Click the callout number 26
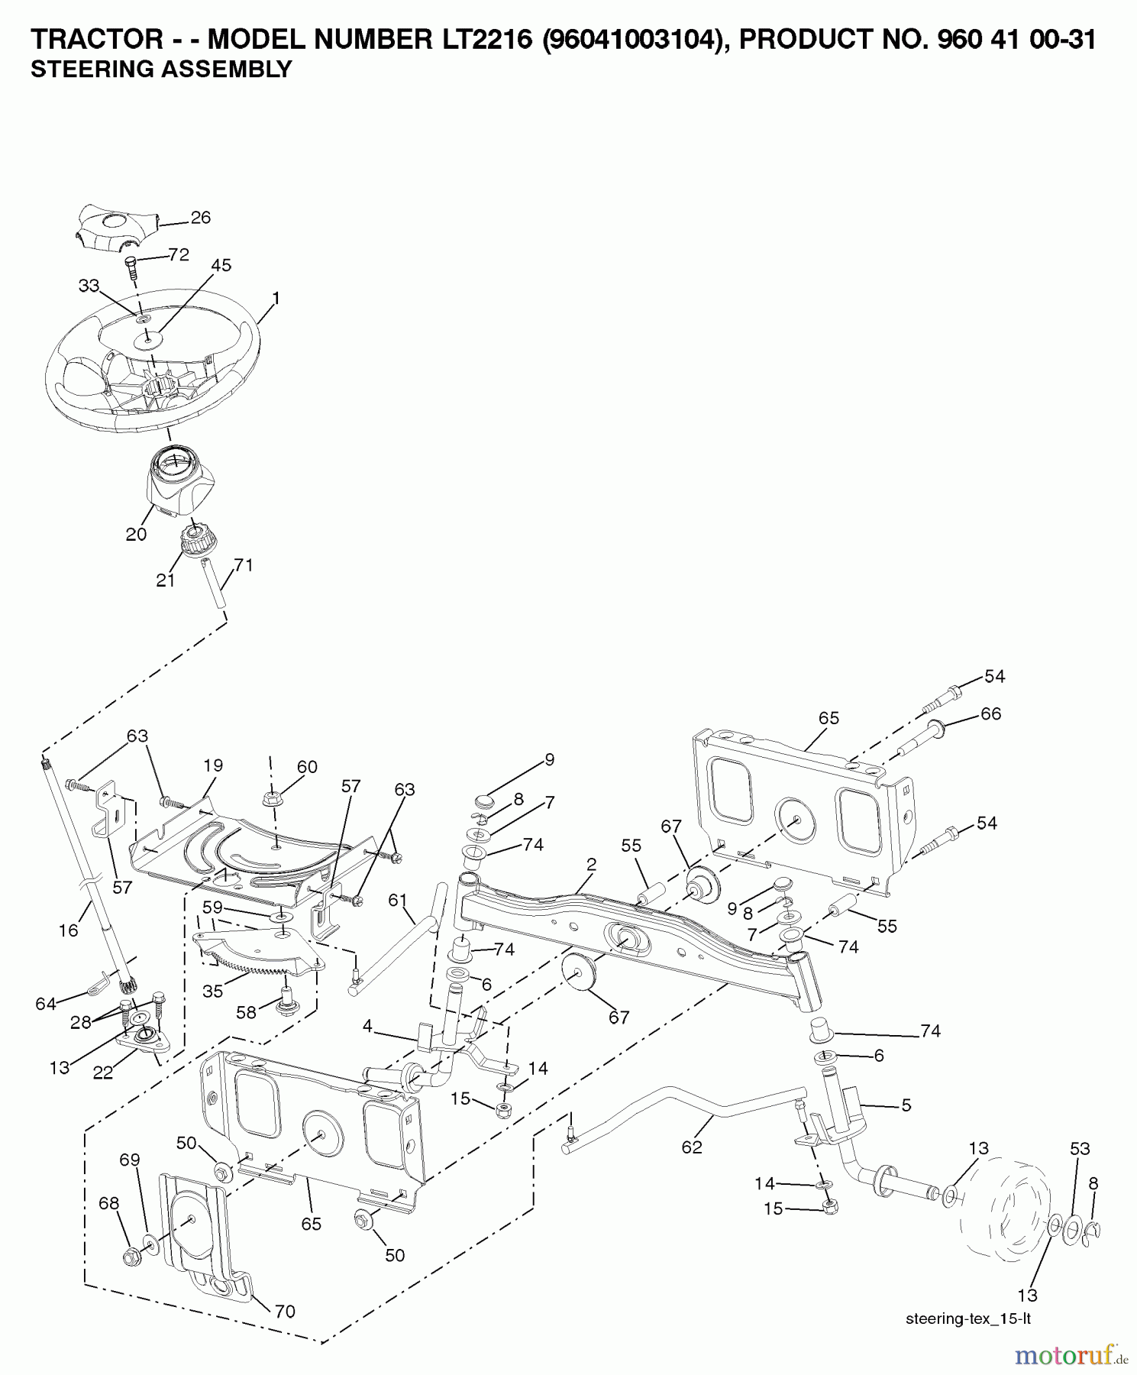200,218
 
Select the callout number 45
221,266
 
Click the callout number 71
243,565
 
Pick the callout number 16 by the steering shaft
69,930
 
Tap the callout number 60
306,767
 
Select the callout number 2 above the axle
591,864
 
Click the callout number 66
990,713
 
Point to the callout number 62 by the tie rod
692,1147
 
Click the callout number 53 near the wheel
1079,1148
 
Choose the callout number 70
284,1312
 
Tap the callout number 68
109,1204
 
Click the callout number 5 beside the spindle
906,1105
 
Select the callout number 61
398,901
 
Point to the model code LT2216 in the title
477,40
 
